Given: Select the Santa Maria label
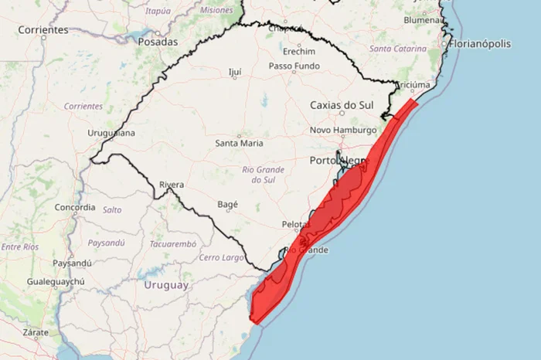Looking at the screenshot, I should point(239,143).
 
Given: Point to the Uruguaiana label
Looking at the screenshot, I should point(111,133).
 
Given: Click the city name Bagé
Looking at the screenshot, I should point(228,205).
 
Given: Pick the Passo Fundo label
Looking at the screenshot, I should point(293,66).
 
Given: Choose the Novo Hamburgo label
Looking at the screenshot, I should point(342,130).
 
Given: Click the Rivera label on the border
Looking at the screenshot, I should point(171,185).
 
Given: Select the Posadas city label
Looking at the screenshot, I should point(158,42).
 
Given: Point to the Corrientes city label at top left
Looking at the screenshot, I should point(43,29).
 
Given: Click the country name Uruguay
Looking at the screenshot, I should point(165,285).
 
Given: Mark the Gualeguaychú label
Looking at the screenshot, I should point(57,283).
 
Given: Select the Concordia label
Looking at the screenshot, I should point(75,207).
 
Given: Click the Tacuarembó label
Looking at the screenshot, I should point(173,243).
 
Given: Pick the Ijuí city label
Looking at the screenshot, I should point(235,72).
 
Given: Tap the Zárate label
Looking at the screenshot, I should point(36,332).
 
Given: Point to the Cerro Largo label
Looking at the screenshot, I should point(222,256).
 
